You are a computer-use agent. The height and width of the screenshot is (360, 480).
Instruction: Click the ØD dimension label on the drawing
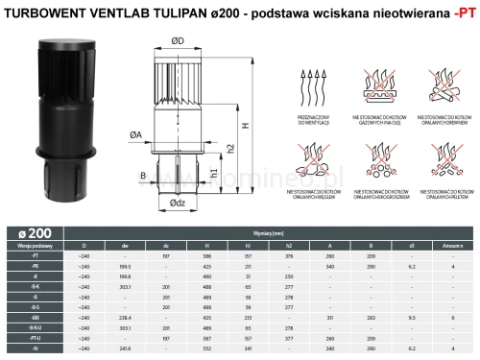[178, 41]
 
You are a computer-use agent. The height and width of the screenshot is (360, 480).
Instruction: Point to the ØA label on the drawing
[137, 136]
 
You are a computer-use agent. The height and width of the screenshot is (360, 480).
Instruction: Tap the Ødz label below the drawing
[177, 204]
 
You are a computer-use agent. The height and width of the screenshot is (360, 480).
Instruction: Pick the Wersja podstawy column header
[34, 246]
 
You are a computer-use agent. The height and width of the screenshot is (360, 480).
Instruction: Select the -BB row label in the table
[34, 316]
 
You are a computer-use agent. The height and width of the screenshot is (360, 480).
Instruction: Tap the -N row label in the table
[34, 351]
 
